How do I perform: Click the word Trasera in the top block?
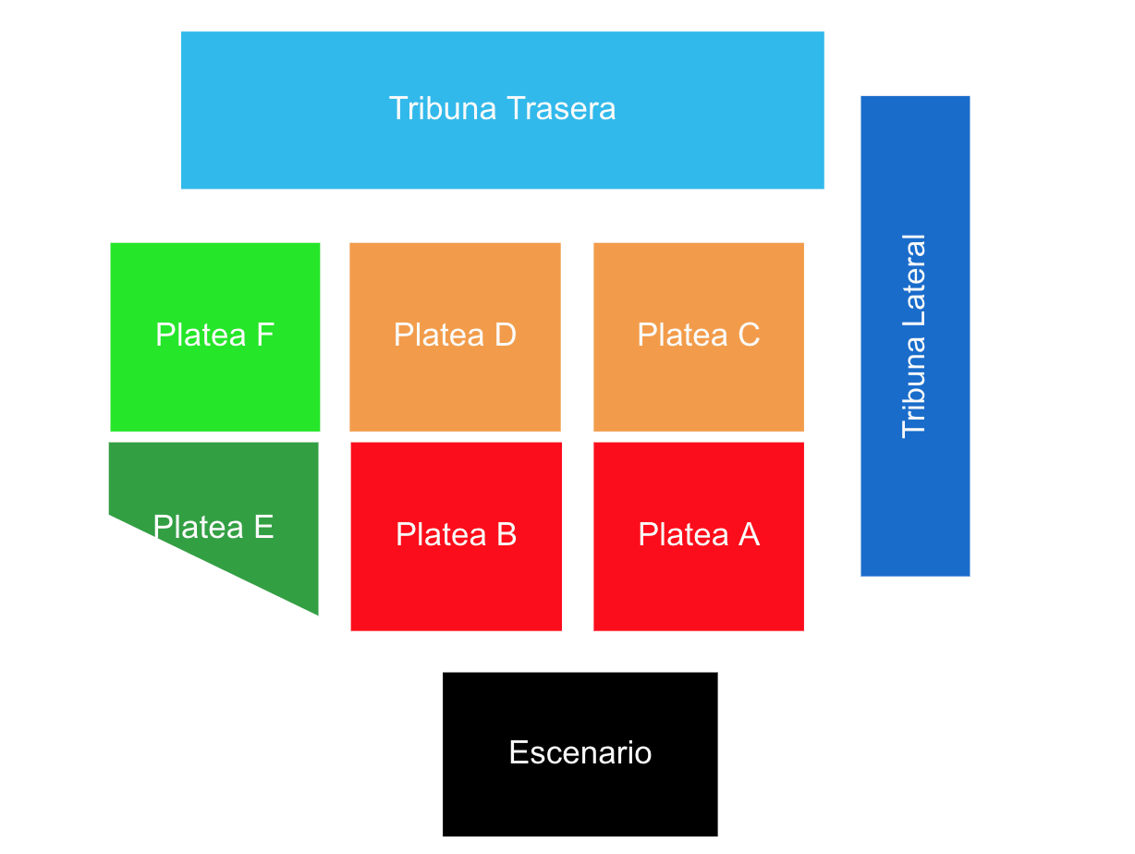click(563, 109)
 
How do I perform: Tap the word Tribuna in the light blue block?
click(444, 109)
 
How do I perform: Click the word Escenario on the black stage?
click(580, 752)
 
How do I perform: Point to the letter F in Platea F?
click(265, 335)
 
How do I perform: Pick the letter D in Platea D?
click(505, 335)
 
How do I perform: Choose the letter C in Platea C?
click(749, 335)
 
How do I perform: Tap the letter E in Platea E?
click(264, 527)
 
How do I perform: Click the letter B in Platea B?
click(506, 534)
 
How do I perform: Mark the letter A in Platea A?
click(749, 534)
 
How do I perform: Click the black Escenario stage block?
click(580, 795)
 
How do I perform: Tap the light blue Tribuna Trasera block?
click(502, 157)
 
